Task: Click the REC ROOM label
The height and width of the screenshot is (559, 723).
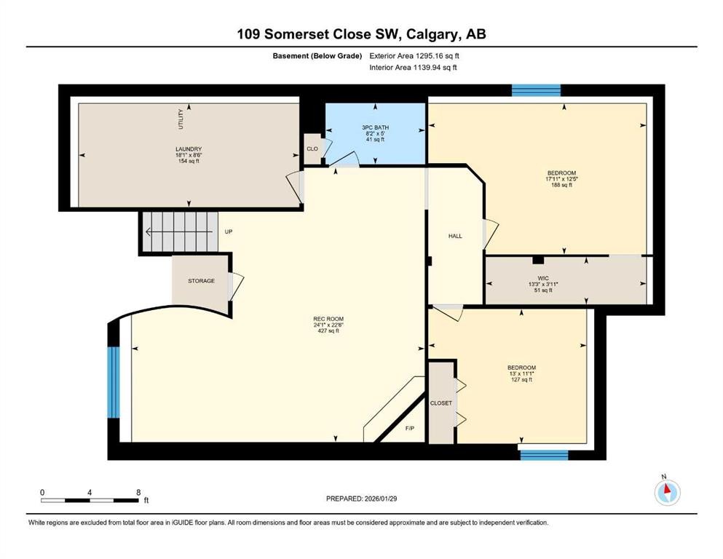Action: [x=328, y=319]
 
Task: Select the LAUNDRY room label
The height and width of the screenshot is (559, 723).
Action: [x=188, y=148]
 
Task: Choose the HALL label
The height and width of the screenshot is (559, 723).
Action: [x=455, y=236]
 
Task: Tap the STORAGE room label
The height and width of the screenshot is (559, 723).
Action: [x=201, y=281]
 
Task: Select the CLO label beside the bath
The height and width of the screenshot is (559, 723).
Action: [x=312, y=148]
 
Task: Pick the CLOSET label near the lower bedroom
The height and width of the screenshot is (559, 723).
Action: [x=440, y=403]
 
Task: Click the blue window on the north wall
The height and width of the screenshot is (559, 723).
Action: [x=536, y=90]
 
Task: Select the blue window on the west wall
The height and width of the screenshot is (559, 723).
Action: [x=113, y=382]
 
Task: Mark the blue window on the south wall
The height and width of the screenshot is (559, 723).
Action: [x=544, y=454]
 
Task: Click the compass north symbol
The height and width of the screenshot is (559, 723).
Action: [x=665, y=492]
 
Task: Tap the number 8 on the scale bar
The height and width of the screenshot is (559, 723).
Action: [x=138, y=492]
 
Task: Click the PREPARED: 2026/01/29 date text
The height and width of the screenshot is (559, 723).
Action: [x=361, y=499]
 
